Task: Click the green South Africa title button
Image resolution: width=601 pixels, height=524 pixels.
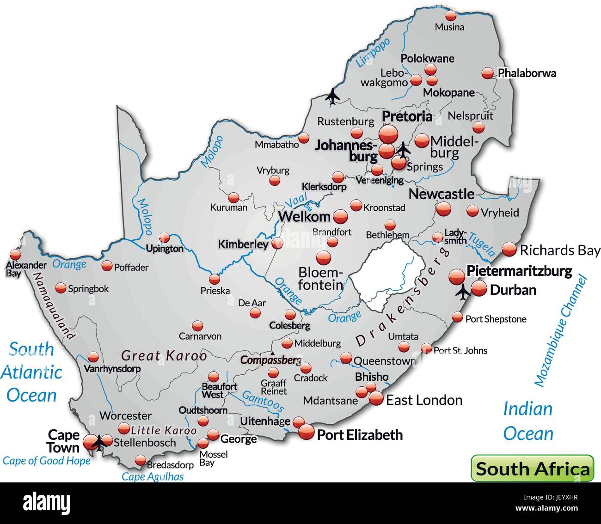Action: coord(532,469)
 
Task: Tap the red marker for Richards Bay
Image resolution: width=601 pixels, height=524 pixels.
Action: coord(509,250)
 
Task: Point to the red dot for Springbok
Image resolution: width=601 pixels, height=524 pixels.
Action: coord(61,288)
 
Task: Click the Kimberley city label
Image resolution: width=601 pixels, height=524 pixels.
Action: coord(243,244)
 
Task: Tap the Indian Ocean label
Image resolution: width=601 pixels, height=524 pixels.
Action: coord(528,421)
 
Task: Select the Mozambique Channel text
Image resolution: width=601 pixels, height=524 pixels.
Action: coord(560,331)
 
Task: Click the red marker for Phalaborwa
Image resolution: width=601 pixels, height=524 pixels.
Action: coord(487,73)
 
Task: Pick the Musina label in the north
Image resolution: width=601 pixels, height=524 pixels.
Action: coord(449,27)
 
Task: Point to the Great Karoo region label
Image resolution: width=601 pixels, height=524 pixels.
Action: coord(164,356)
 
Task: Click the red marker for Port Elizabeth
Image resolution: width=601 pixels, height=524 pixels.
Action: coord(306,433)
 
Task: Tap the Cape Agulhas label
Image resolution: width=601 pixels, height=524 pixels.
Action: coord(153,477)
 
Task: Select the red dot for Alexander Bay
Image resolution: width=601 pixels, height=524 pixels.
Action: coord(16,255)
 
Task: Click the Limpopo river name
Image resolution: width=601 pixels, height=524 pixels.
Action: coord(373,53)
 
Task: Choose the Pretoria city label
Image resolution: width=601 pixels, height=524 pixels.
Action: coord(407,116)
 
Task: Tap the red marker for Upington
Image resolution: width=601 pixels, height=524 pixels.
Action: coord(164,238)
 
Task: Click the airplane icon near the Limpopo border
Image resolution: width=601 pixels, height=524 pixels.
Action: coord(332,96)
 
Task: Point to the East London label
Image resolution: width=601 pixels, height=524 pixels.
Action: coord(424,400)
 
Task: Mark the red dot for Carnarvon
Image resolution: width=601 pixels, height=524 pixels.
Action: coord(198,326)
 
